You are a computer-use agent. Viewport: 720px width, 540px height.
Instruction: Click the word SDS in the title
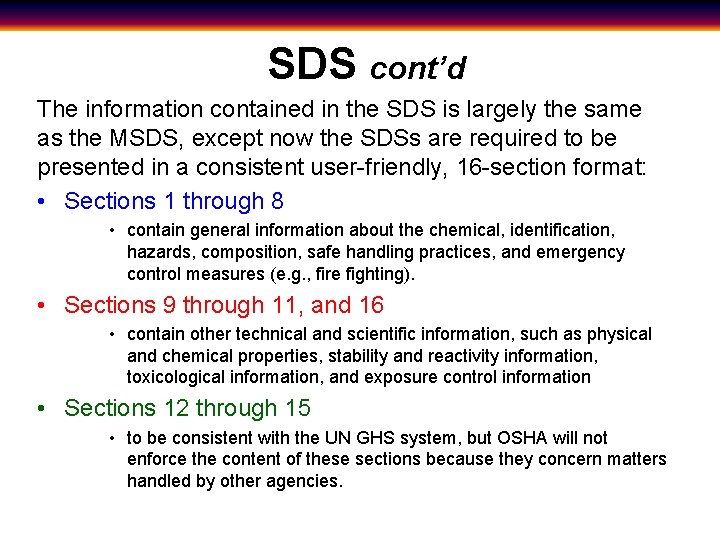[x=311, y=64]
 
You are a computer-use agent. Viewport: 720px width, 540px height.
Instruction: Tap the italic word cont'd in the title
[x=417, y=68]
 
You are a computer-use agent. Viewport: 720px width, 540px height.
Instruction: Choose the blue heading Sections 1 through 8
[x=174, y=201]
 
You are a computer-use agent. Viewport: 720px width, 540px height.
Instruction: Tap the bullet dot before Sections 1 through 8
[x=46, y=202]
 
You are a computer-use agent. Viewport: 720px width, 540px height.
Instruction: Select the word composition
[x=252, y=252]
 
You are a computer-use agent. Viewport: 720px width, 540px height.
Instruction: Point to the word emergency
[x=584, y=252]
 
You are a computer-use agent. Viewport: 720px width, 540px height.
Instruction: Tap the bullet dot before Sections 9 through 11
[x=46, y=306]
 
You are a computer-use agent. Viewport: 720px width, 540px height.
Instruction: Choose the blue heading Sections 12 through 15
[x=187, y=408]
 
